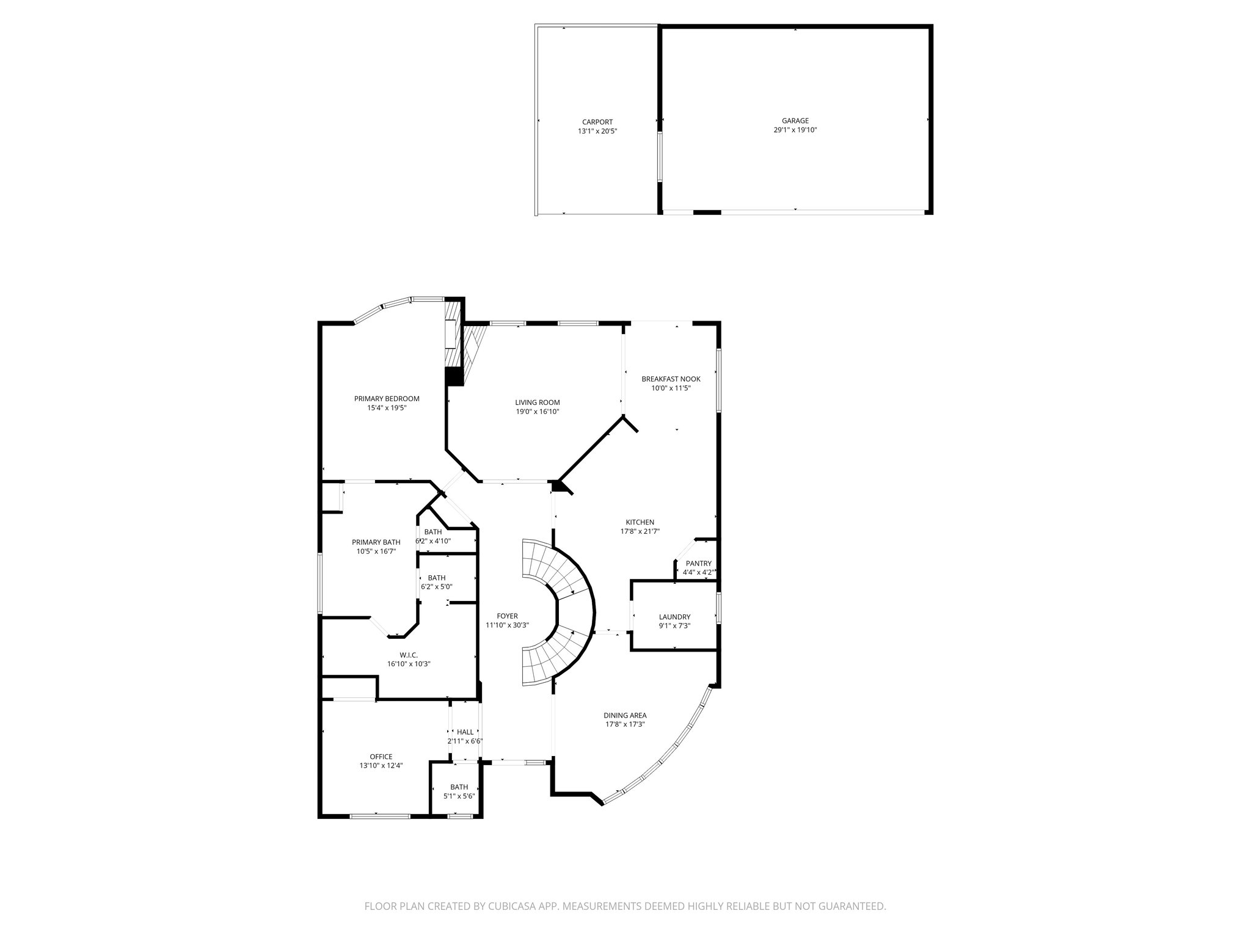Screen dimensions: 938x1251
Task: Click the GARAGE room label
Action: click(x=795, y=121)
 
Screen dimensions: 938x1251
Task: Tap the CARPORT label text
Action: click(x=597, y=122)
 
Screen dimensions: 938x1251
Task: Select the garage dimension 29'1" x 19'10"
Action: click(x=795, y=130)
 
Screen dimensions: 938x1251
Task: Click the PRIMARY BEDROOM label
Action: click(x=387, y=399)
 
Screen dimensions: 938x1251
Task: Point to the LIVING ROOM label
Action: click(x=537, y=402)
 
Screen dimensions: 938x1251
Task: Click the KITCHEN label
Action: click(x=640, y=522)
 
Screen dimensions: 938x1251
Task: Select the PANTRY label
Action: click(x=698, y=564)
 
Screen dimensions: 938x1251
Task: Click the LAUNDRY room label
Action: click(x=674, y=617)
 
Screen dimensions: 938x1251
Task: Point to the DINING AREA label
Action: click(x=625, y=715)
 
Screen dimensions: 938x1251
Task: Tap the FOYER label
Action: click(x=507, y=616)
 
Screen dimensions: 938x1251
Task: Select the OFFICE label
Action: click(x=381, y=757)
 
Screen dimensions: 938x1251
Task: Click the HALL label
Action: click(x=465, y=732)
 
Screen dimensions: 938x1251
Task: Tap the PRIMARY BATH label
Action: click(x=376, y=542)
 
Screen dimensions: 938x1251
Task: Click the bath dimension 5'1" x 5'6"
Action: click(x=459, y=796)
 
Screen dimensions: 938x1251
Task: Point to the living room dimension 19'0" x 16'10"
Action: click(x=537, y=412)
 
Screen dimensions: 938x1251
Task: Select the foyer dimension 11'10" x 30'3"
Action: click(x=507, y=625)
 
